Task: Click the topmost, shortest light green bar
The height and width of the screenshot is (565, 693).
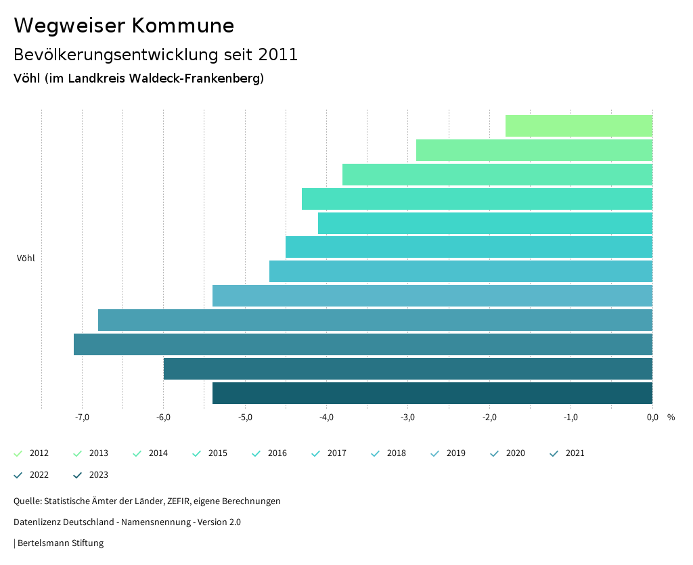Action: pyautogui.click(x=579, y=126)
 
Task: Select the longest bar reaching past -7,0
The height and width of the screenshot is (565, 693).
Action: pyautogui.click(x=363, y=344)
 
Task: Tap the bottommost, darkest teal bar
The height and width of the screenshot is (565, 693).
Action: pyautogui.click(x=432, y=393)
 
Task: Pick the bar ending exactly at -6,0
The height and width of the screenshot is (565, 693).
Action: pyautogui.click(x=408, y=369)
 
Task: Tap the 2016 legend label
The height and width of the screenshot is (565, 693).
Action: pyautogui.click(x=277, y=453)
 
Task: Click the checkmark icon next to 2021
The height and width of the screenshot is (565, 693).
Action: pyautogui.click(x=554, y=453)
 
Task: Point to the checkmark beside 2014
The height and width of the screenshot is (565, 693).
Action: pyautogui.click(x=137, y=453)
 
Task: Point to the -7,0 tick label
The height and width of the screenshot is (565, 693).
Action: pyautogui.click(x=82, y=417)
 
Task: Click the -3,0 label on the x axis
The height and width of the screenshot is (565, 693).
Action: pyautogui.click(x=407, y=417)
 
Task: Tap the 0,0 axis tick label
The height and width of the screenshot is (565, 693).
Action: pyautogui.click(x=652, y=417)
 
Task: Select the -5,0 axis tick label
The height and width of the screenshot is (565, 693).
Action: pyautogui.click(x=245, y=417)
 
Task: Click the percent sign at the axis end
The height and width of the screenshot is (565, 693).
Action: pyautogui.click(x=671, y=417)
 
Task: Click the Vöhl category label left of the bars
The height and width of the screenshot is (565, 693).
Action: pyautogui.click(x=26, y=258)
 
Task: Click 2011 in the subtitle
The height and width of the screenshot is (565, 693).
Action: pyautogui.click(x=277, y=55)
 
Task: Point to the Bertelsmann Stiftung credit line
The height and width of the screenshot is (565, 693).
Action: pyautogui.click(x=60, y=543)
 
